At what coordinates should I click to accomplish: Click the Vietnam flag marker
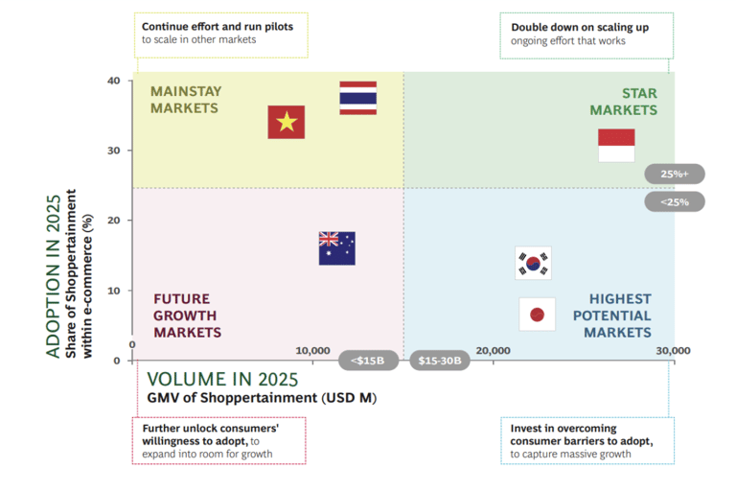287,122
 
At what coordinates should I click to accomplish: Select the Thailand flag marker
358,98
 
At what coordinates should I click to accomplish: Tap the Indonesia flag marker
616,146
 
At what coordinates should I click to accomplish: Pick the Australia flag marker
337,248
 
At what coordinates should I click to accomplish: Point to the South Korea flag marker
533,263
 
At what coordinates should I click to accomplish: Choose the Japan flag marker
537,315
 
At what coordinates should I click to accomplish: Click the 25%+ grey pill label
675,174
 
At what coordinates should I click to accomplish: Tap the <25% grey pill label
675,202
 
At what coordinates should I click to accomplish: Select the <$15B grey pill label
368,361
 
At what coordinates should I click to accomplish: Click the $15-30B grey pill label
440,361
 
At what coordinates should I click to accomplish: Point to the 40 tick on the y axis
114,81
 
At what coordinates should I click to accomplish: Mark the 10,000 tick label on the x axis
312,351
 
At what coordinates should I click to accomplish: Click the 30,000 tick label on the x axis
673,351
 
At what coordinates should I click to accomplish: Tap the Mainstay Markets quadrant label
186,100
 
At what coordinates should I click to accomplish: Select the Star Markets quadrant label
623,102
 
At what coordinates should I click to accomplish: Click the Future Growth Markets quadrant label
187,316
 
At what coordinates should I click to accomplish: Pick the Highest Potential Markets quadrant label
612,316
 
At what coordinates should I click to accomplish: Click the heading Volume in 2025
223,379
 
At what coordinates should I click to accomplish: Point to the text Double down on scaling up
580,27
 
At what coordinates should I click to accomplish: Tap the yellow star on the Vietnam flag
287,122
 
